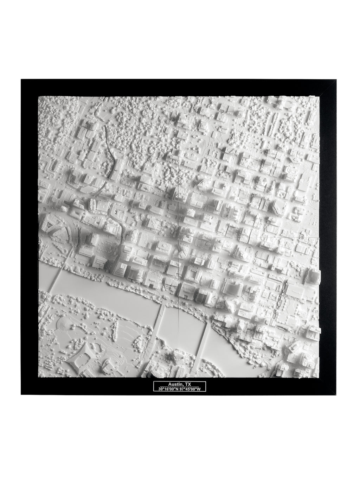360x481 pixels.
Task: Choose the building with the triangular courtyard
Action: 53,225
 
